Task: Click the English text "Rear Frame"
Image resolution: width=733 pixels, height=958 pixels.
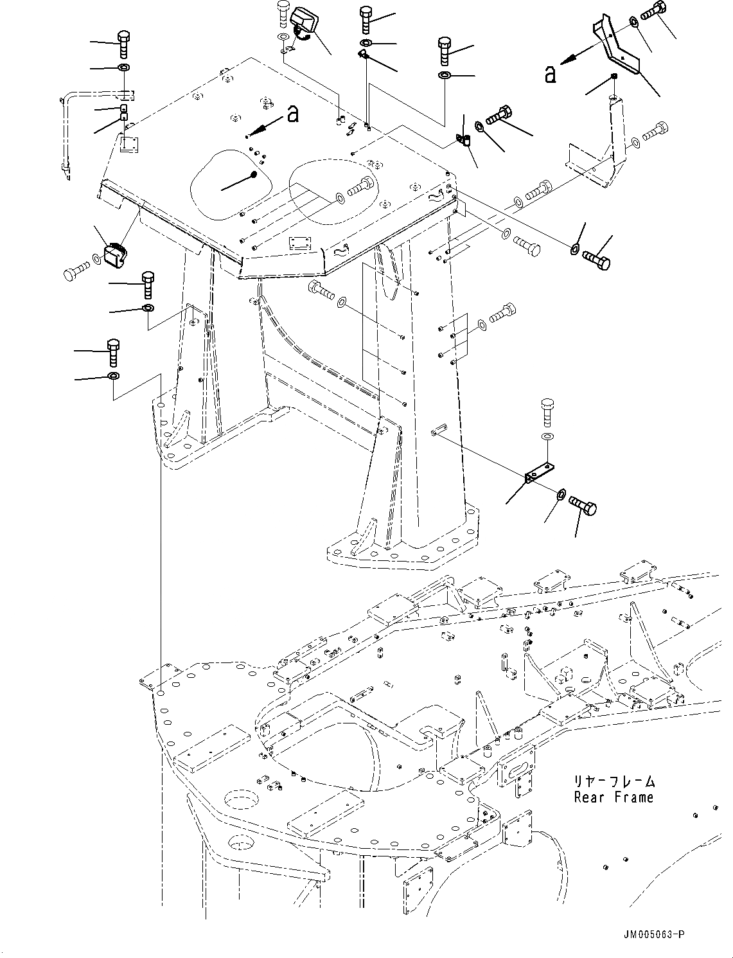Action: pyautogui.click(x=614, y=797)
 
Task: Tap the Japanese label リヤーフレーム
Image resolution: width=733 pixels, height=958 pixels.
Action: pyautogui.click(x=615, y=782)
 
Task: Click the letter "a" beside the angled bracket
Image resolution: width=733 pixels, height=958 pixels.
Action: pyautogui.click(x=550, y=75)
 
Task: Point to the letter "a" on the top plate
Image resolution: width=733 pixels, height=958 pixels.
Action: pyautogui.click(x=292, y=114)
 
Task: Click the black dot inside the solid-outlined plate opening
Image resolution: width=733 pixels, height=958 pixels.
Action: pyautogui.click(x=253, y=175)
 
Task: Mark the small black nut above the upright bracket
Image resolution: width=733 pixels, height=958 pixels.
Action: pyautogui.click(x=614, y=77)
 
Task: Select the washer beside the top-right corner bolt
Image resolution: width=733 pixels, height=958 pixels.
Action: pyautogui.click(x=633, y=22)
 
